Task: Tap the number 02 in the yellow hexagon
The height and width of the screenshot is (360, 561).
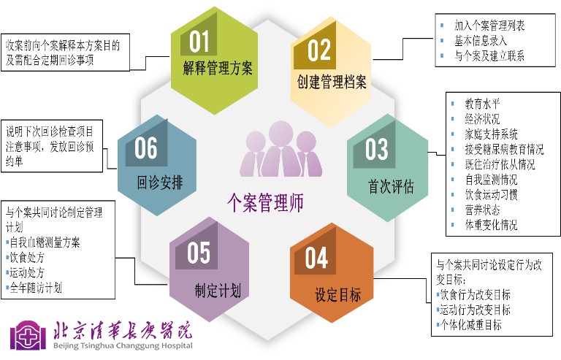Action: click(319, 50)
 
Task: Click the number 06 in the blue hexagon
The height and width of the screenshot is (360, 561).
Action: click(146, 148)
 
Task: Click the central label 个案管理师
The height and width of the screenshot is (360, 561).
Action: click(266, 202)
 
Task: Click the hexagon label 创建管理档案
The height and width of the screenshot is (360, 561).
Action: click(332, 82)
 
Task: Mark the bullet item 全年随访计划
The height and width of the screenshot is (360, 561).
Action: click(39, 288)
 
